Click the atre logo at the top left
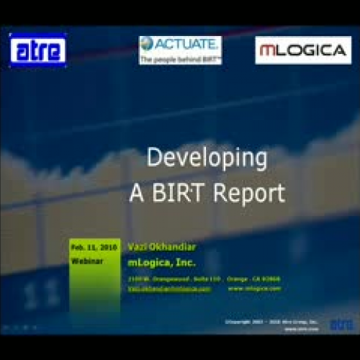(x=38, y=50)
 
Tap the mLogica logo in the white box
(x=302, y=50)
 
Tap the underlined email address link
(x=169, y=287)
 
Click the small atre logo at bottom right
(x=340, y=324)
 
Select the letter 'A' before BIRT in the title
(x=138, y=193)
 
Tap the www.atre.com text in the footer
(x=296, y=328)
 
